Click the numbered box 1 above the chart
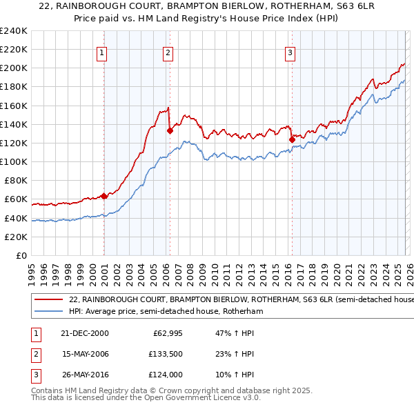101,52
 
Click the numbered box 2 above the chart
168,52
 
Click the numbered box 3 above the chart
290,52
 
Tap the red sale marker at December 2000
104,196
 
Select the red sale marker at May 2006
170,130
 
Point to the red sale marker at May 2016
292,139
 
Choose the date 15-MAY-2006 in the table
84,354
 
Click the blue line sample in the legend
48,311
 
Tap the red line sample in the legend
48,300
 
